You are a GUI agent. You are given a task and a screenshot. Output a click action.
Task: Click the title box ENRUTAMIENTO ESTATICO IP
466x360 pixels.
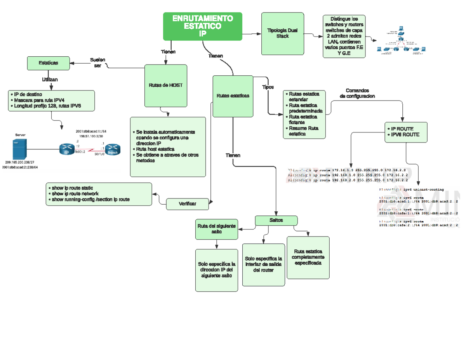click(202, 26)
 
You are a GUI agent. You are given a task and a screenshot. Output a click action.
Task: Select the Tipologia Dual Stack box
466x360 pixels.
click(282, 33)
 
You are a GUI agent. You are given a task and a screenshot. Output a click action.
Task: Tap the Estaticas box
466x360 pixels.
click(48, 63)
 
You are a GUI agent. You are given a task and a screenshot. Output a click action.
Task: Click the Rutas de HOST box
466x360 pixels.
click(165, 85)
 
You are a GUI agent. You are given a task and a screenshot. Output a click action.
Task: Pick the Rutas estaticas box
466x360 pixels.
click(233, 96)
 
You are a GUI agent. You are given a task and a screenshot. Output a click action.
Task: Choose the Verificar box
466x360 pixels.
click(187, 204)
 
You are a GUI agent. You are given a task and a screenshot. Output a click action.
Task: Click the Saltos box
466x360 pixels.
click(276, 220)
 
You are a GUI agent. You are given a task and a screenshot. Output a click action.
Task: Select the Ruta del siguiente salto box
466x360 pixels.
click(216, 229)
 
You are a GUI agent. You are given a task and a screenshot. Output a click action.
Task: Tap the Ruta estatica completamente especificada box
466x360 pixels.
click(308, 257)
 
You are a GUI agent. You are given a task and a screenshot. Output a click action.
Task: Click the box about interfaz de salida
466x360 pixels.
click(263, 264)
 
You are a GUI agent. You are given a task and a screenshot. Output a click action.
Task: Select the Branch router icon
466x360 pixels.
click(112, 150)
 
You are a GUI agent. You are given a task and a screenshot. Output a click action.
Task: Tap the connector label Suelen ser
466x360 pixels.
click(97, 63)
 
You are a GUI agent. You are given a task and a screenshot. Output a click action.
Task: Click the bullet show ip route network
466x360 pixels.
click(75, 193)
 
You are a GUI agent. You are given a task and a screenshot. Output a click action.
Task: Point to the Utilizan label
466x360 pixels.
click(50, 80)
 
